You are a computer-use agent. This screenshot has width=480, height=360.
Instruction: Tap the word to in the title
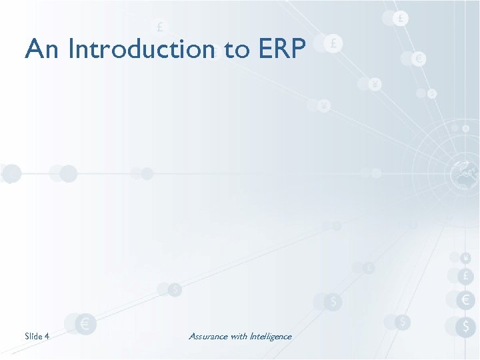[x=237, y=49]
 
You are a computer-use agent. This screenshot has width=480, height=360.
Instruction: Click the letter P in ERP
[x=298, y=49]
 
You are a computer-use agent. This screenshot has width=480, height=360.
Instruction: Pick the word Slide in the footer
[x=33, y=337]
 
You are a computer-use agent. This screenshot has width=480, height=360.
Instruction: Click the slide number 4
[x=47, y=337]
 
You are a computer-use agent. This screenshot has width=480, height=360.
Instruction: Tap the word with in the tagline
[x=239, y=337]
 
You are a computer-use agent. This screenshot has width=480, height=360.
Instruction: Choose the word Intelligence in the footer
[x=271, y=337]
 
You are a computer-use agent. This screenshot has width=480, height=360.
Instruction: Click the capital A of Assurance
[x=192, y=337]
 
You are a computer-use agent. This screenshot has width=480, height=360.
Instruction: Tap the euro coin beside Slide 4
[x=85, y=325]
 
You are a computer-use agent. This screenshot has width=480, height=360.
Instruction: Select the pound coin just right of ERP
[x=333, y=44]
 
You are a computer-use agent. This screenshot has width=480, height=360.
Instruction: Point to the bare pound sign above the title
[x=160, y=27]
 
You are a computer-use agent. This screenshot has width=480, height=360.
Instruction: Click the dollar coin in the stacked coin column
[x=465, y=326]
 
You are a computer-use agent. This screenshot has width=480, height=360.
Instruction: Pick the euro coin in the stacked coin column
[x=465, y=300]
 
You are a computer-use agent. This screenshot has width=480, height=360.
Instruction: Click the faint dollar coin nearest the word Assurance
[x=175, y=290]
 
